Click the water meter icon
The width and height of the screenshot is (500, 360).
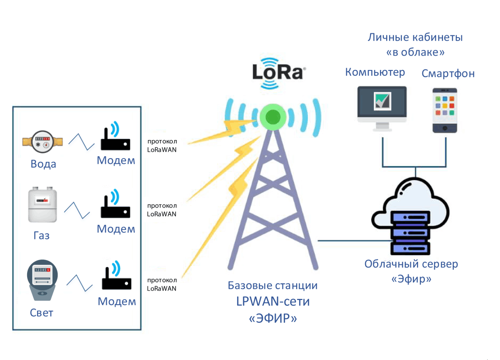click(x=42, y=142)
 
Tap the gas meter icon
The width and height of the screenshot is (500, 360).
click(x=42, y=204)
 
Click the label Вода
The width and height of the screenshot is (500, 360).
click(x=43, y=164)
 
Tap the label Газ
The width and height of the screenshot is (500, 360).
click(x=41, y=236)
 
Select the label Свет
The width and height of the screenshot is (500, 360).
click(x=41, y=313)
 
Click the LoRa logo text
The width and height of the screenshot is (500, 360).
click(x=278, y=72)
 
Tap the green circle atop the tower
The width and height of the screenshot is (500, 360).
click(x=273, y=117)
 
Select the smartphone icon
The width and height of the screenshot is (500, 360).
click(x=445, y=110)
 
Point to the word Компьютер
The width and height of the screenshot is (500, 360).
click(x=375, y=72)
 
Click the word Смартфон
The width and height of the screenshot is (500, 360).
click(x=448, y=74)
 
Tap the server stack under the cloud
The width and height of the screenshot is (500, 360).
click(x=410, y=233)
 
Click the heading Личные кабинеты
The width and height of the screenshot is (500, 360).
click(x=415, y=37)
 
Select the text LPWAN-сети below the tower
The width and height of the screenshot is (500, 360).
click(x=273, y=301)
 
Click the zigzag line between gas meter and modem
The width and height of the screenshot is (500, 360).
click(x=77, y=210)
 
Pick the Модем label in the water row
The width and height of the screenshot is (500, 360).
click(x=116, y=160)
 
